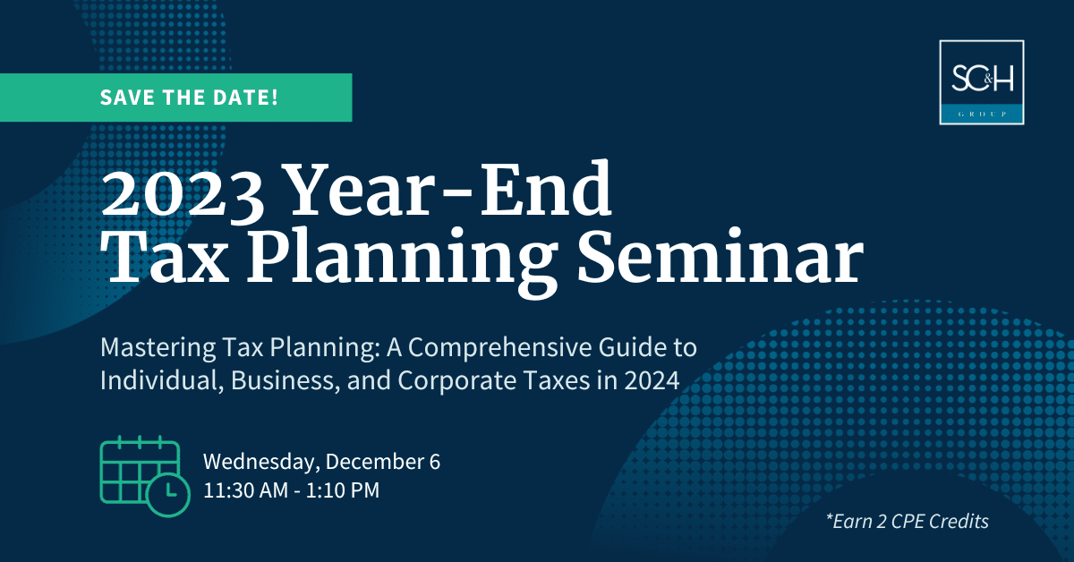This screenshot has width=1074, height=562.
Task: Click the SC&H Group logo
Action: coord(982,82)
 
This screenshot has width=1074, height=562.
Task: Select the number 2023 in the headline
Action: coord(183,192)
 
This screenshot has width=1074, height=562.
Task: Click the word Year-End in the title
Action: coord(449,189)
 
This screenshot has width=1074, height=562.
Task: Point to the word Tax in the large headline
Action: coord(163,257)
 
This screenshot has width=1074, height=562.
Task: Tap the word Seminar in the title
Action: coord(720,257)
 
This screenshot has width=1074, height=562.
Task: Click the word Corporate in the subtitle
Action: coord(457,381)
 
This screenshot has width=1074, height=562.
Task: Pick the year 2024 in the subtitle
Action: coord(652,380)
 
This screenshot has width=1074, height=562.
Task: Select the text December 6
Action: coord(383,461)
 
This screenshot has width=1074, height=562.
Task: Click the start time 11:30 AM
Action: coord(246,490)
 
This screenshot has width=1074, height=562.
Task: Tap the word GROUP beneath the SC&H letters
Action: coord(982,115)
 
